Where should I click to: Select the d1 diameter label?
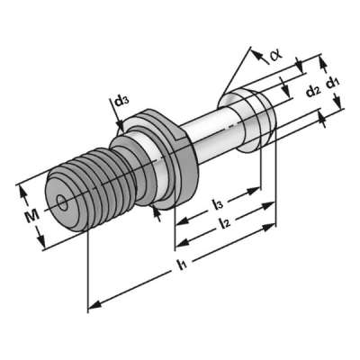pos(333,83)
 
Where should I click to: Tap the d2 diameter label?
pos(311,90)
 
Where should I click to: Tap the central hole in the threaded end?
pos(60,202)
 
